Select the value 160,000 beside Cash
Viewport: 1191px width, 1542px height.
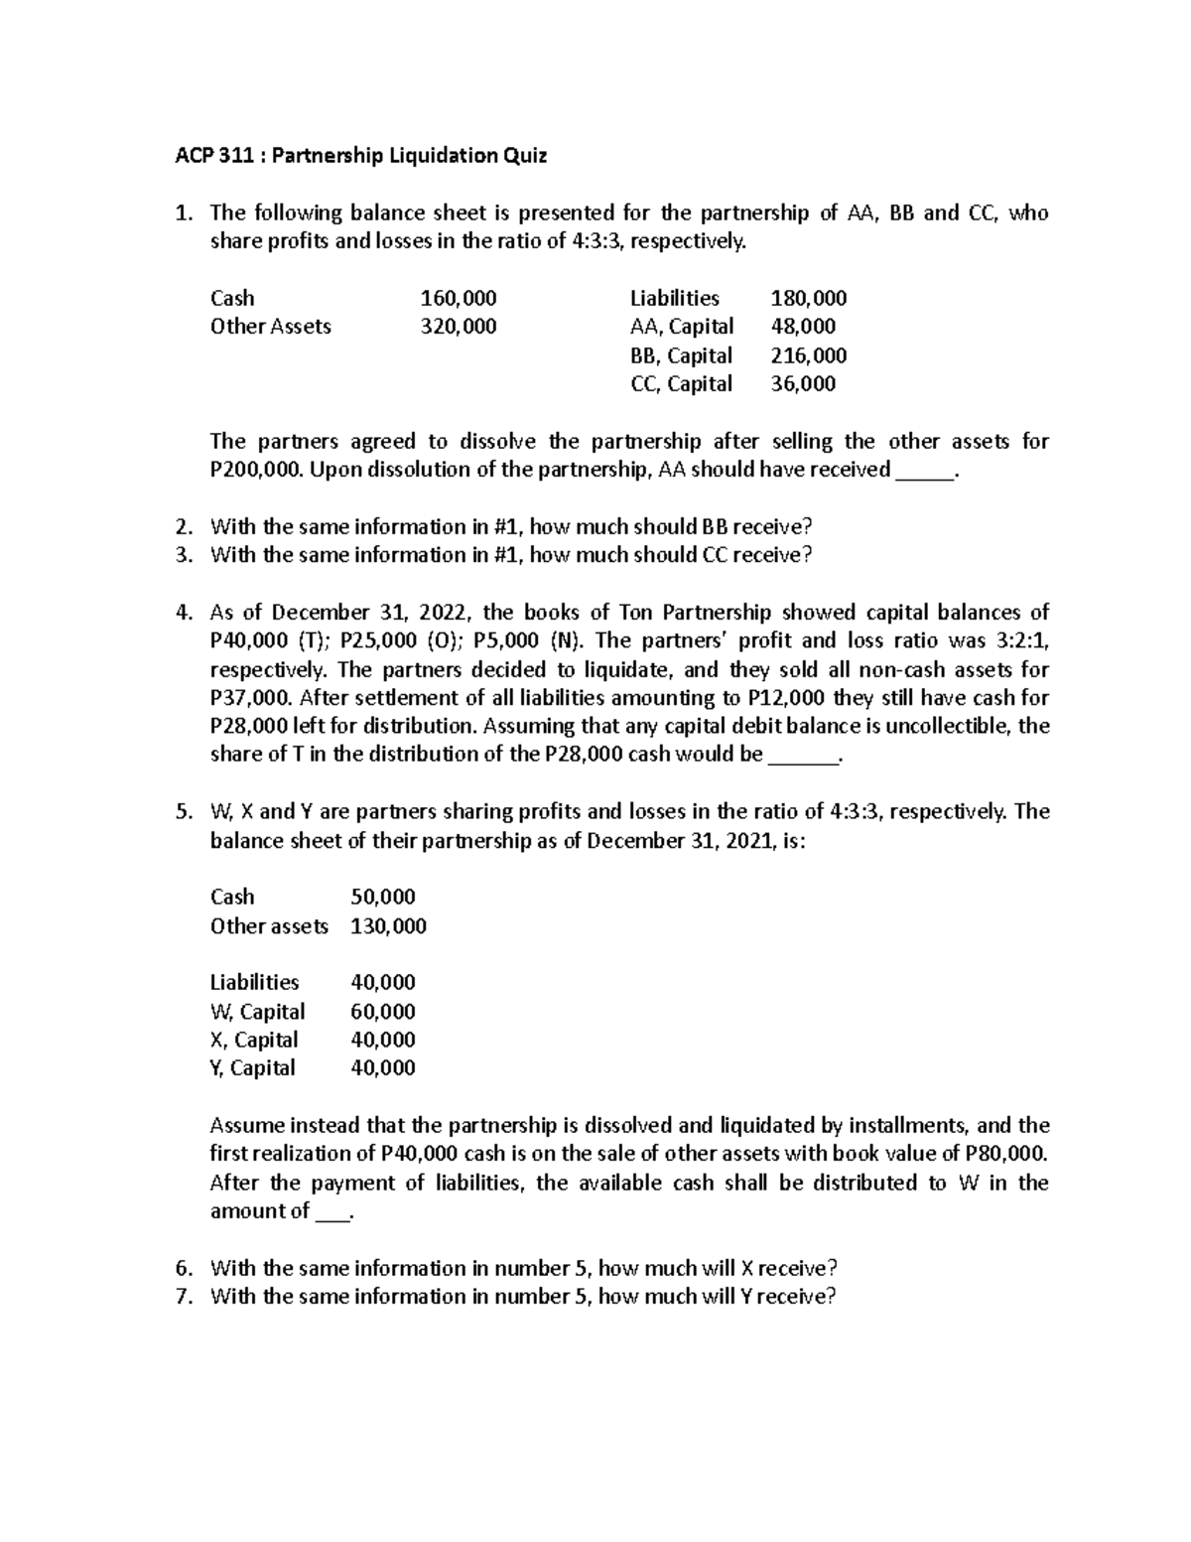(x=459, y=298)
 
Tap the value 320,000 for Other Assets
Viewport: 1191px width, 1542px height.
(x=459, y=326)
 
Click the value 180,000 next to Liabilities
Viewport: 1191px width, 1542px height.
(x=809, y=298)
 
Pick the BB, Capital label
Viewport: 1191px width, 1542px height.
(x=681, y=355)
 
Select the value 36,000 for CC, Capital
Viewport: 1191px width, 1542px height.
(x=803, y=383)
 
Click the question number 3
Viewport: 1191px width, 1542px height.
(x=182, y=555)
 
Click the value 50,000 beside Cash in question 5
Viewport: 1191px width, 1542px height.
(x=383, y=897)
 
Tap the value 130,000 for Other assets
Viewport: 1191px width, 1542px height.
(x=388, y=925)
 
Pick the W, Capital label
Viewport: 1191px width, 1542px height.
(x=257, y=1011)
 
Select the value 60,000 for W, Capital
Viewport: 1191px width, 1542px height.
(x=383, y=1011)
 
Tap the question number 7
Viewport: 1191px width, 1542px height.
(x=182, y=1296)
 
